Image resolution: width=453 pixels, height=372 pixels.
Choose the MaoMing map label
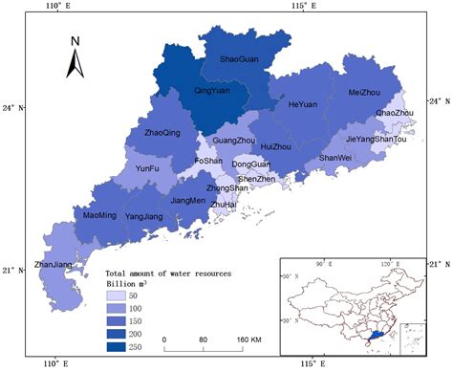(x=100, y=215)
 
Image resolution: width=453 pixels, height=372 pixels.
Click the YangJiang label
(x=144, y=216)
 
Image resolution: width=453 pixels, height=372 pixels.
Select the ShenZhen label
(x=257, y=179)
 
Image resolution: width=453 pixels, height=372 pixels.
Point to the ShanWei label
(x=335, y=158)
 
